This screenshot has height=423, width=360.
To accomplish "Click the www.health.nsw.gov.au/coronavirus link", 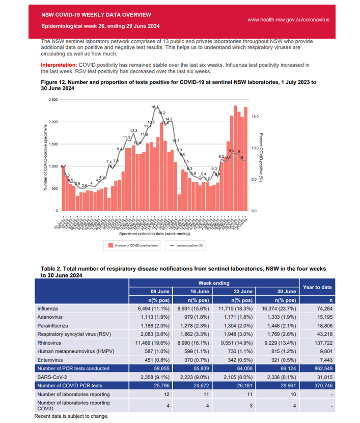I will click(288, 19).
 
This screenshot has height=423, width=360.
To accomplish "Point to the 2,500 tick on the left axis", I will click(52, 99).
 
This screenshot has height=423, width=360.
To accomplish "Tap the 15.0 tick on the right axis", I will click(256, 117).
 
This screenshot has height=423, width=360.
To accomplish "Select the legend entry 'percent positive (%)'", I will click(190, 245).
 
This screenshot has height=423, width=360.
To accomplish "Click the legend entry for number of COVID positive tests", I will click(133, 245).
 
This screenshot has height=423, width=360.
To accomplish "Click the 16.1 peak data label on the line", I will click(154, 107).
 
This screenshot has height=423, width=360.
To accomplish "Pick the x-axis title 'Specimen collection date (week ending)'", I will click(155, 234).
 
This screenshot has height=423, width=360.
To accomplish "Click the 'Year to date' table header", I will click(317, 287).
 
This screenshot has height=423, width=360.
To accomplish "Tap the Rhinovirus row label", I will click(50, 344).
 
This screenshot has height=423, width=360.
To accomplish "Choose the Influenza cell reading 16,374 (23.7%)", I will click(276, 309).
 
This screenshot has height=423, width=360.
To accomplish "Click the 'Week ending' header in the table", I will click(214, 283).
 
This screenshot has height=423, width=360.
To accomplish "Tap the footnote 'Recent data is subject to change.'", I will click(71, 416).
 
